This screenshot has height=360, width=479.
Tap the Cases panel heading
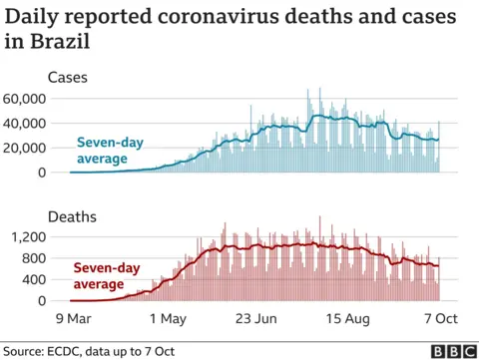coord(67,77)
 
